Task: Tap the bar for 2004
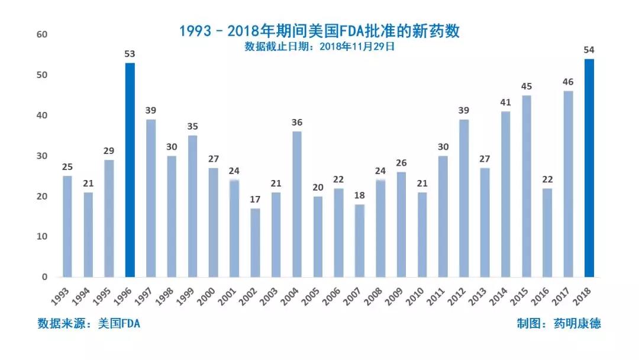[297, 204]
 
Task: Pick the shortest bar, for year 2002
[255, 242]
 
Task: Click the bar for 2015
[527, 186]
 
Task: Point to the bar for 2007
[359, 240]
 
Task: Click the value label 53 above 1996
[130, 54]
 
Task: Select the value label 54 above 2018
[589, 50]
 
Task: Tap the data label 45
[527, 86]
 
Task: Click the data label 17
[255, 199]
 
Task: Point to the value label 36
[297, 123]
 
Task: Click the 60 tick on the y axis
[41, 34]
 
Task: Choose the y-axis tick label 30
[41, 156]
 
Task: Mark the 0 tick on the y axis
[44, 277]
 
